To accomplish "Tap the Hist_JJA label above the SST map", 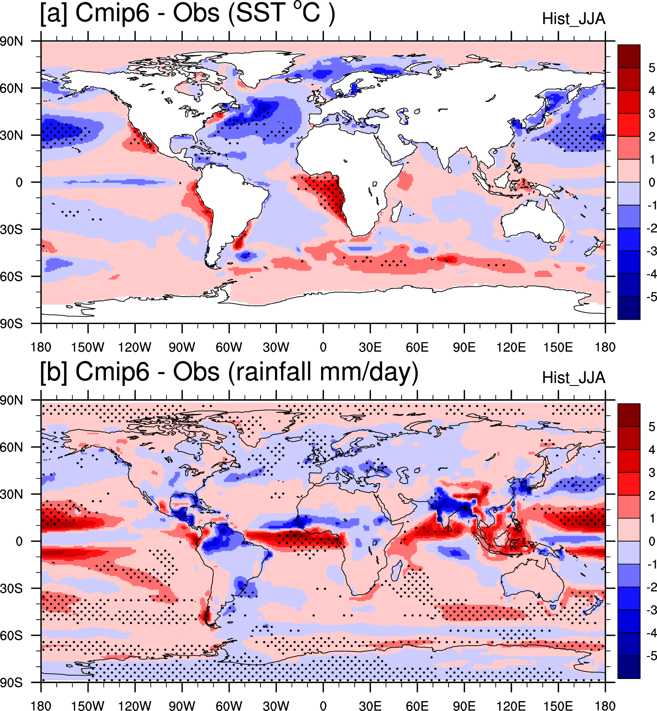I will click(573, 19).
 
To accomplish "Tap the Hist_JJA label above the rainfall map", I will click(573, 378).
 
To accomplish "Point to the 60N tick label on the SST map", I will click(11, 88).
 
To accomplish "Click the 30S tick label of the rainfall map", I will click(11, 588).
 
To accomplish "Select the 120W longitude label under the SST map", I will click(134, 347).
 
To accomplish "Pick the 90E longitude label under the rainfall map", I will click(464, 706).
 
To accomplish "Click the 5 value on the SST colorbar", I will click(652, 68).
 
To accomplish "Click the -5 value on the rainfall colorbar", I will click(651, 656).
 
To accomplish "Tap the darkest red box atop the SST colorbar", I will click(628, 56).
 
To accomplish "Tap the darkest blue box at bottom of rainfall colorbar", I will click(628, 667).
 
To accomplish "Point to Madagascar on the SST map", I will click(396, 212).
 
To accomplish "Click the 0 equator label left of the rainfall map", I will click(19, 541).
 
